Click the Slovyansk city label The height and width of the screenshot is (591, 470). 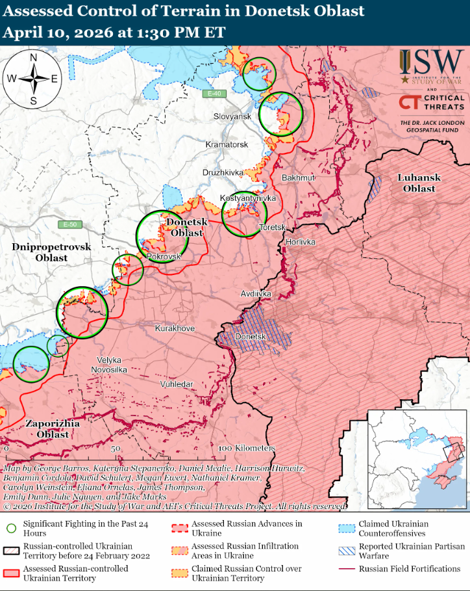232,116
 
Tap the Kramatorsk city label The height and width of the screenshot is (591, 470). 227,144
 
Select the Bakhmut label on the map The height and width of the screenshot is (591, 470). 298,177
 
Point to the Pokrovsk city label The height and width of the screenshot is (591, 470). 164,257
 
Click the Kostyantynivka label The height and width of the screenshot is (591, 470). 248,198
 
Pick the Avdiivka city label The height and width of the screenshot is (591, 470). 256,294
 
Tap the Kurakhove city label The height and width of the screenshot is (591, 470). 175,329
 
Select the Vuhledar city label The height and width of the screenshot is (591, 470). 177,384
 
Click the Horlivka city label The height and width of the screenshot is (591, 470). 301,242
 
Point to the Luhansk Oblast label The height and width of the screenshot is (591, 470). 419,183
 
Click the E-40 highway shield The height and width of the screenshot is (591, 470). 213,94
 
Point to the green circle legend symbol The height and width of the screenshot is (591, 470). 10,529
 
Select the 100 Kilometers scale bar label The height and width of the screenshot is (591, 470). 246,449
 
